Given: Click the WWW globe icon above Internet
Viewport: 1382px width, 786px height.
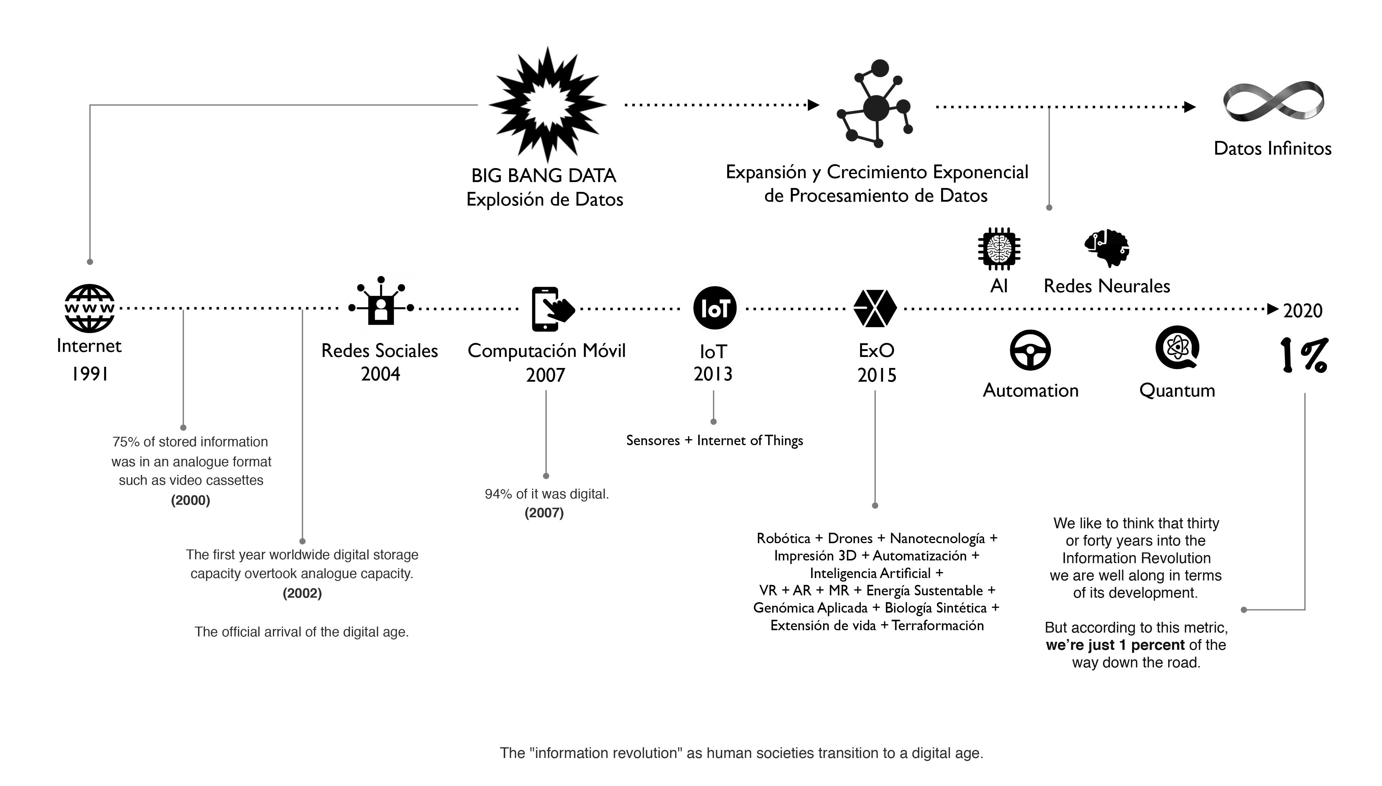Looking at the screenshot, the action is coord(90,308).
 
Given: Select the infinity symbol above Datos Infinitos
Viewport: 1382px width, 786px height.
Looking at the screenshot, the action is coord(1273,102).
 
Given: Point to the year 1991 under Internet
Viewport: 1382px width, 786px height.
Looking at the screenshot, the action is coord(90,374).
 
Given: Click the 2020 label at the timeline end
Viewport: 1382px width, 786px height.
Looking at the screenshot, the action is coord(1303,311).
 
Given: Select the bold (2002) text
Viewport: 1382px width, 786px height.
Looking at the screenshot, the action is coord(302,593).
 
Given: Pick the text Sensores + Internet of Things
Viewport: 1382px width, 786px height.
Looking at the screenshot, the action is coord(714,440).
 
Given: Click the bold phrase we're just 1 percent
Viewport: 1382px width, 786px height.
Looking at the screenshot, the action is coord(1115,645).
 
